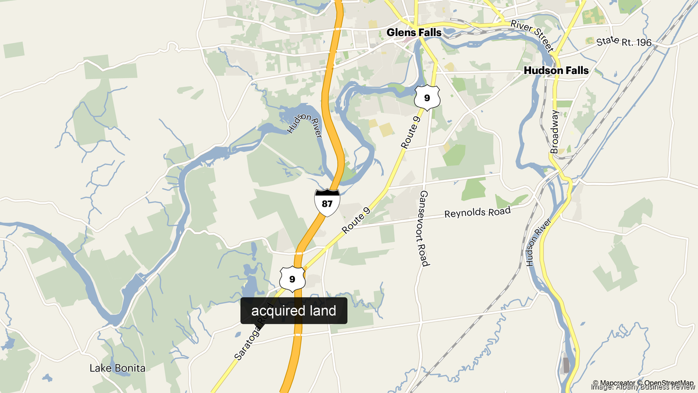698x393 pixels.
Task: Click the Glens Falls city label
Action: tap(414, 33)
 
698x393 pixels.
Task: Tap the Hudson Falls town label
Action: tap(556, 70)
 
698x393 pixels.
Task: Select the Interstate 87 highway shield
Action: tap(327, 202)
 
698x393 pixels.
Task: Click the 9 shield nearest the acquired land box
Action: tap(292, 279)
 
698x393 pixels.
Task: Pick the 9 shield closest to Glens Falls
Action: tap(426, 97)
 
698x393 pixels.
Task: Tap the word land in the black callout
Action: tap(323, 311)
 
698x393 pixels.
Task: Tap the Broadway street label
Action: tap(554, 132)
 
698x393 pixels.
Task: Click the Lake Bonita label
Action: tap(117, 368)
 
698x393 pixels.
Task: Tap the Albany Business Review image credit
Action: tap(643, 388)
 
